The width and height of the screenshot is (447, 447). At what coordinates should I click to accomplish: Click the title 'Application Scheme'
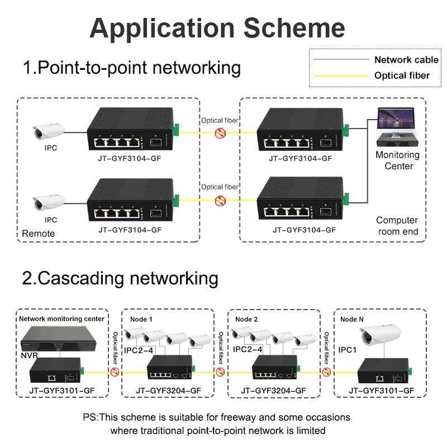217,27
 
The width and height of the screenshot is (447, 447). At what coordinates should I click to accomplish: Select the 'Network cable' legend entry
406,60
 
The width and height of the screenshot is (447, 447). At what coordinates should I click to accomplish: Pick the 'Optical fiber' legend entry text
402,75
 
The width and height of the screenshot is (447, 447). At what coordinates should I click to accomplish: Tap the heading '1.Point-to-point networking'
131,68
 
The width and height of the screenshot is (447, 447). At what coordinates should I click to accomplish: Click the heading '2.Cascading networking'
120,278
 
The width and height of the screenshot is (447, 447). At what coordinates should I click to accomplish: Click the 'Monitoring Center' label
397,160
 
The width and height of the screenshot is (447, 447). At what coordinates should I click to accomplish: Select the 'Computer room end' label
397,226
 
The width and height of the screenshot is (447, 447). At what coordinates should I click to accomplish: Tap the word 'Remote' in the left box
39,234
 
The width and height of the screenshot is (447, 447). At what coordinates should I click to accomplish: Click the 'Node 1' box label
142,318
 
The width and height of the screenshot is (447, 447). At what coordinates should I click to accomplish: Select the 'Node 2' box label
247,318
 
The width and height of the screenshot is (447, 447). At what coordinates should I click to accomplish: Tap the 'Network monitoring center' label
61,318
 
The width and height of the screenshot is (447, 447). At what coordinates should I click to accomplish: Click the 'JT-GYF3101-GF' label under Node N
382,391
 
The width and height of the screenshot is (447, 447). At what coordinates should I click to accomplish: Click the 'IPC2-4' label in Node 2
248,350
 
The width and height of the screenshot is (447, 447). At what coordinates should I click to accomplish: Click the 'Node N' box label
352,318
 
